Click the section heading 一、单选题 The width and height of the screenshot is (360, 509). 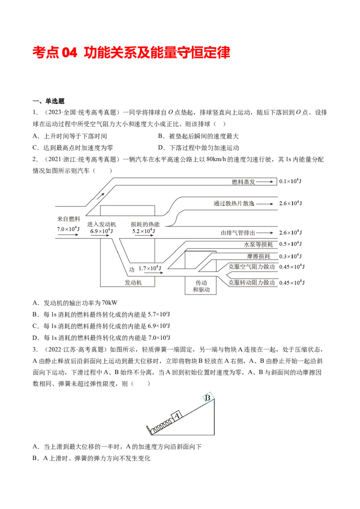click(x=49, y=101)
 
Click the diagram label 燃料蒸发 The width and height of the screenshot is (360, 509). click(x=243, y=182)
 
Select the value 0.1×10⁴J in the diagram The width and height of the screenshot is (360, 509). click(x=291, y=181)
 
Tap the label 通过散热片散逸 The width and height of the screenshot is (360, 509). click(x=234, y=204)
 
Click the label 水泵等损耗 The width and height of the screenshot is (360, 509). click(x=258, y=245)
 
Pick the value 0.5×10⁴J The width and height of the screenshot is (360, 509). click(x=291, y=244)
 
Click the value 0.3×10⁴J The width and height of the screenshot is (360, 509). click(x=291, y=256)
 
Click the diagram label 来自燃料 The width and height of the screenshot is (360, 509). click(x=68, y=219)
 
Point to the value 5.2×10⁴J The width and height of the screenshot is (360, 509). click(x=142, y=231)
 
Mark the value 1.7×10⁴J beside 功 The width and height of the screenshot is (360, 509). click(x=150, y=268)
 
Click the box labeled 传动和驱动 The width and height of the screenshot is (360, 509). click(x=201, y=286)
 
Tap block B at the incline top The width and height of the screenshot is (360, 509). click(x=207, y=397)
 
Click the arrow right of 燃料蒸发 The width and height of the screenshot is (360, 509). click(x=265, y=182)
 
